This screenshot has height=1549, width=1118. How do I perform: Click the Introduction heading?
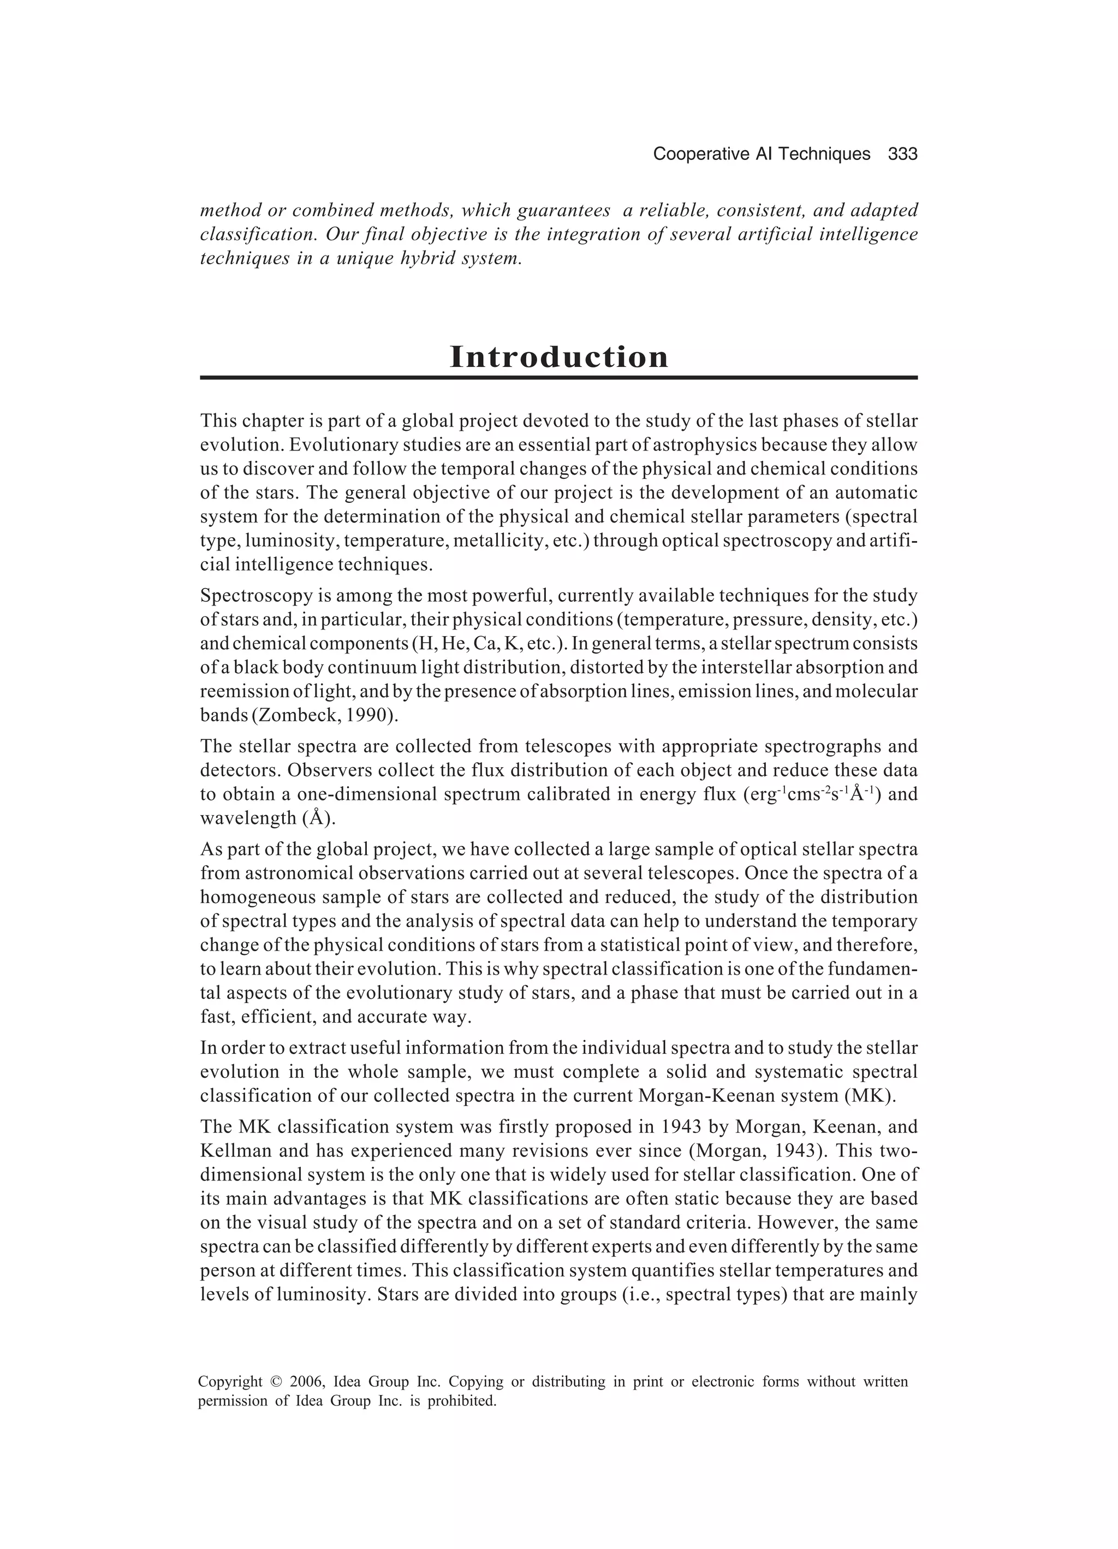pyautogui.click(x=558, y=357)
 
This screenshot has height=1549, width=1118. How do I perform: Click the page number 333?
pyautogui.click(x=902, y=155)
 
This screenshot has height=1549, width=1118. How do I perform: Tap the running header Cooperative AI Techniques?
pyautogui.click(x=761, y=155)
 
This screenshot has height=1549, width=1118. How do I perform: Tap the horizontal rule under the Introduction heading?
pyautogui.click(x=558, y=377)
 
